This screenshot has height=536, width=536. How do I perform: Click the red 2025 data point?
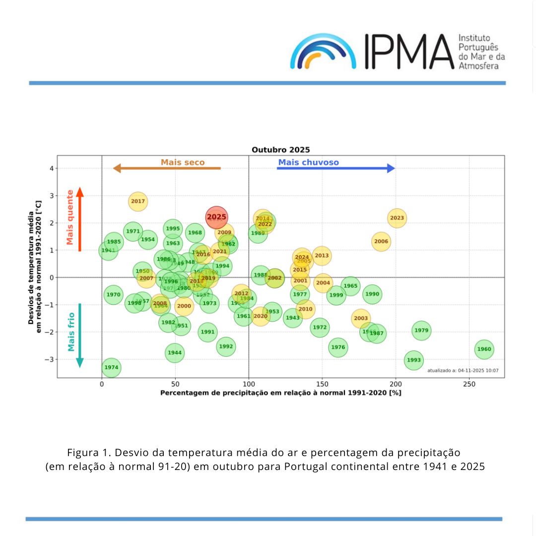pos(216,217)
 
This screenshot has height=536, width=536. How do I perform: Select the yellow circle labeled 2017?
pos(138,201)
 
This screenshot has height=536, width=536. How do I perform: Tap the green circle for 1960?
pos(484,349)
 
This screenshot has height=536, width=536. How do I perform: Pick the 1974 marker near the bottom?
pos(111,368)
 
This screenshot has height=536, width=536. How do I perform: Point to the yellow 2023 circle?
pos(397,218)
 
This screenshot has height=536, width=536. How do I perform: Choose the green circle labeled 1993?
pos(413,360)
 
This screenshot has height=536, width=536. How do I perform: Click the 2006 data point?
pos(381,242)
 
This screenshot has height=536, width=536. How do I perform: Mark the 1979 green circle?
pos(421,331)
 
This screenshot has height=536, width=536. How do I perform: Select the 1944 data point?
pos(175,353)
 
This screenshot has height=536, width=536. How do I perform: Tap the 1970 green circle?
pos(114,295)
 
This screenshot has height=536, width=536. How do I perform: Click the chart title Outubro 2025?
pos(280,150)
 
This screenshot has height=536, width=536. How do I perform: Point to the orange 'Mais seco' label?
pos(183,162)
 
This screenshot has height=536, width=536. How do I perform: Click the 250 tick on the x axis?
pos(469,384)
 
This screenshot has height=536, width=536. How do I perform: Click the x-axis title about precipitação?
pos(280,393)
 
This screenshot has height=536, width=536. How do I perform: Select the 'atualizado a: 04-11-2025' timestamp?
pos(463,371)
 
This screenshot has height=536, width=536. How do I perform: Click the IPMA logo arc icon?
pos(323,52)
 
